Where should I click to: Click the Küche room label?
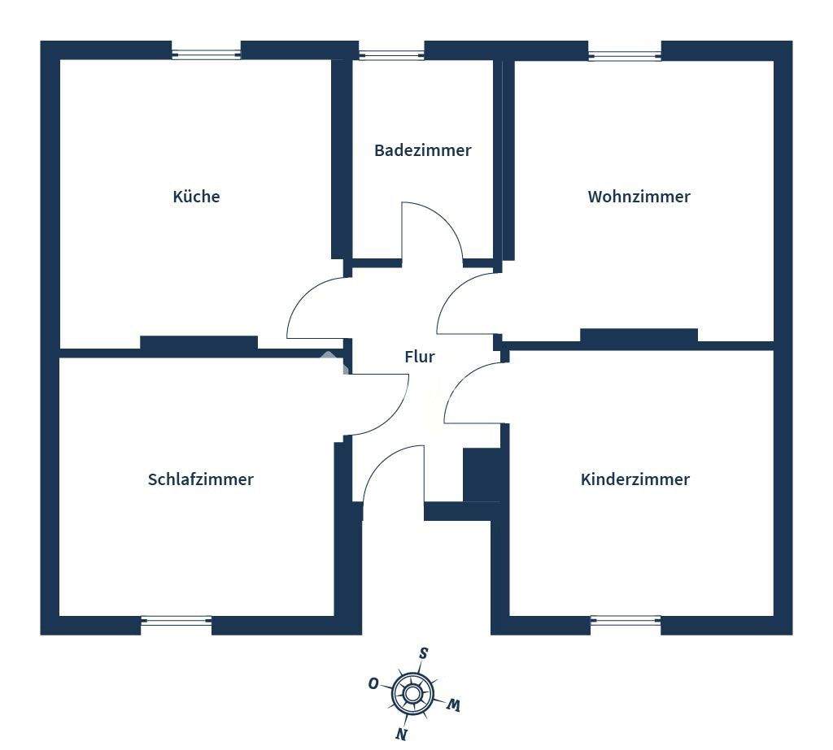[196, 197]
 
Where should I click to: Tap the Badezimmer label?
[422, 150]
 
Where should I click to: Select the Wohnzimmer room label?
[639, 197]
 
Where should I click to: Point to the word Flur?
[420, 357]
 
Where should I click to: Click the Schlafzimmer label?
[200, 479]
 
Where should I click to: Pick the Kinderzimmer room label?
[635, 479]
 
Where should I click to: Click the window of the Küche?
[207, 54]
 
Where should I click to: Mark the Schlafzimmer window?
[177, 621]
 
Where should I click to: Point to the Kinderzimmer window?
[626, 621]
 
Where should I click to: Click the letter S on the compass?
[423, 653]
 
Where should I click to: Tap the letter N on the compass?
[401, 733]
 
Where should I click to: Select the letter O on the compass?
[373, 683]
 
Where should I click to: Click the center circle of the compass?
[413, 693]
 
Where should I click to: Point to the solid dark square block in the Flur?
[482, 475]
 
